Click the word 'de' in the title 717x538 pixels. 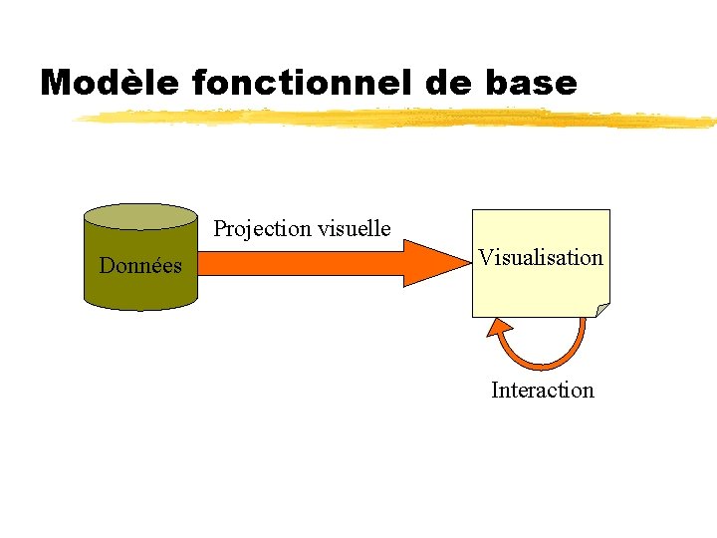(x=446, y=83)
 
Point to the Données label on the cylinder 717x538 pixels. (x=140, y=266)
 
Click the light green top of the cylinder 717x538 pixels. (x=140, y=216)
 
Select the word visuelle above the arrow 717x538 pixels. (x=354, y=229)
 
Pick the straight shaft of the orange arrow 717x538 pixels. (x=299, y=263)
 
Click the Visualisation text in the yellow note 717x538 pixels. (x=541, y=258)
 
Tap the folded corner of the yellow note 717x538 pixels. (x=601, y=310)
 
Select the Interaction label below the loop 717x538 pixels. (x=543, y=391)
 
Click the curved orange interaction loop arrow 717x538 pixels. (x=543, y=363)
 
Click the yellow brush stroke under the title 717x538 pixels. (x=398, y=119)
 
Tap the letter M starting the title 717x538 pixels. (x=57, y=83)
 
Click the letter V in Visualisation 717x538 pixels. (x=485, y=258)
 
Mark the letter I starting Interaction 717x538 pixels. (x=495, y=391)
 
